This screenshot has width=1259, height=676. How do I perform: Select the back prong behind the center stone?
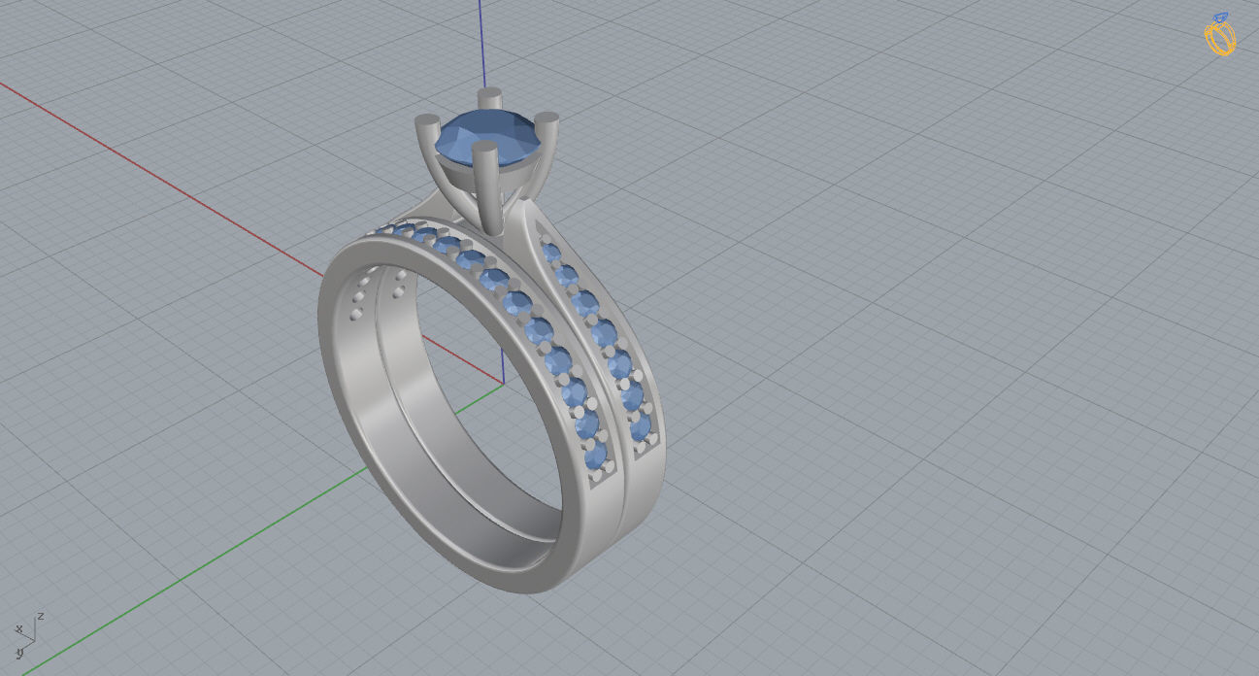tap(491, 99)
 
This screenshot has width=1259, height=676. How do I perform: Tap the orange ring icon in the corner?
tap(1220, 37)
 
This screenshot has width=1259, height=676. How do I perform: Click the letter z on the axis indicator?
tap(41, 616)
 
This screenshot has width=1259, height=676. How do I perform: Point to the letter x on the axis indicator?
tap(18, 630)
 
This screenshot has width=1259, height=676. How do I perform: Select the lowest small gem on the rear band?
tap(640, 428)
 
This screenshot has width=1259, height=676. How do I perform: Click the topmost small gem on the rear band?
tap(550, 253)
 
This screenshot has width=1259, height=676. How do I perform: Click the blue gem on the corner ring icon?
tap(1221, 17)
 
